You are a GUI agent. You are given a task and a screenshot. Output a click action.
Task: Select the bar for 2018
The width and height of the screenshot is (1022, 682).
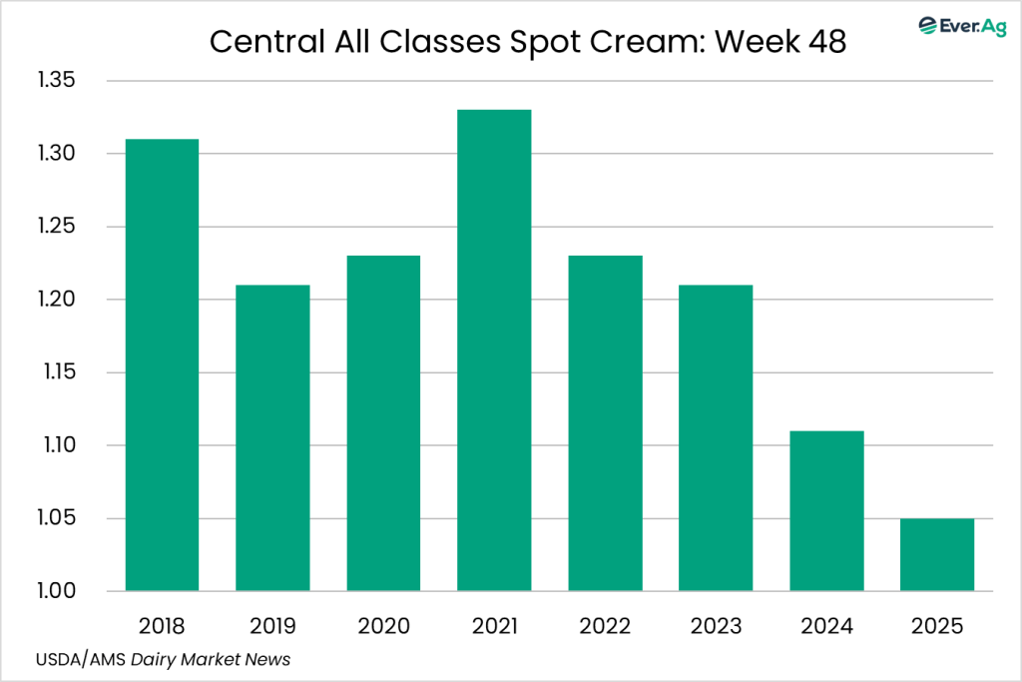tap(162, 364)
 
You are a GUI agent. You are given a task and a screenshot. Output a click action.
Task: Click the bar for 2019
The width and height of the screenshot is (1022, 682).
tap(272, 437)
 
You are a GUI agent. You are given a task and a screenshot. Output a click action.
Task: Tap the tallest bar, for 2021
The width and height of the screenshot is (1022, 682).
tap(494, 349)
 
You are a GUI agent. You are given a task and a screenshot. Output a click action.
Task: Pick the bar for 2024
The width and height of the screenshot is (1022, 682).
tap(826, 510)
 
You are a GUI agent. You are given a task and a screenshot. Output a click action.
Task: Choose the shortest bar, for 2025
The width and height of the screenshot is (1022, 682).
tap(937, 554)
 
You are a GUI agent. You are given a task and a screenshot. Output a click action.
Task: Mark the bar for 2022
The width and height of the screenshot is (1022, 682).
tap(605, 423)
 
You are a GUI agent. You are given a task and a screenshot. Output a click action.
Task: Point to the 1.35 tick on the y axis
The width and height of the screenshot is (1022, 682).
tap(56, 81)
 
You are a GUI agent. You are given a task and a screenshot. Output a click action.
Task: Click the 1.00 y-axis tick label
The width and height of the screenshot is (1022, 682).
tap(56, 591)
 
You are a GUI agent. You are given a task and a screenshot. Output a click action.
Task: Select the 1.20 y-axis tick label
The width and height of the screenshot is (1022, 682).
tap(56, 300)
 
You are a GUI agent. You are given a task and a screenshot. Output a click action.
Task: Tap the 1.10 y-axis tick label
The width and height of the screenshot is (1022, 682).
tap(56, 445)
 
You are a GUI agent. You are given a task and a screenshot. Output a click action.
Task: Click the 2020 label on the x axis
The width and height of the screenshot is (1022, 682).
tap(383, 626)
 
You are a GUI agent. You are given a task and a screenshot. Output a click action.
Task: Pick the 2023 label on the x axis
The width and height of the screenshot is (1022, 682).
tap(716, 626)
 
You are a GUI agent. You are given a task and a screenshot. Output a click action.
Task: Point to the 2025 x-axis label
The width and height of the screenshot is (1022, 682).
tap(937, 626)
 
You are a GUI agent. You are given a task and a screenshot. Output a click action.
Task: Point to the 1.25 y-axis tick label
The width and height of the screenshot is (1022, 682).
tap(56, 227)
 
